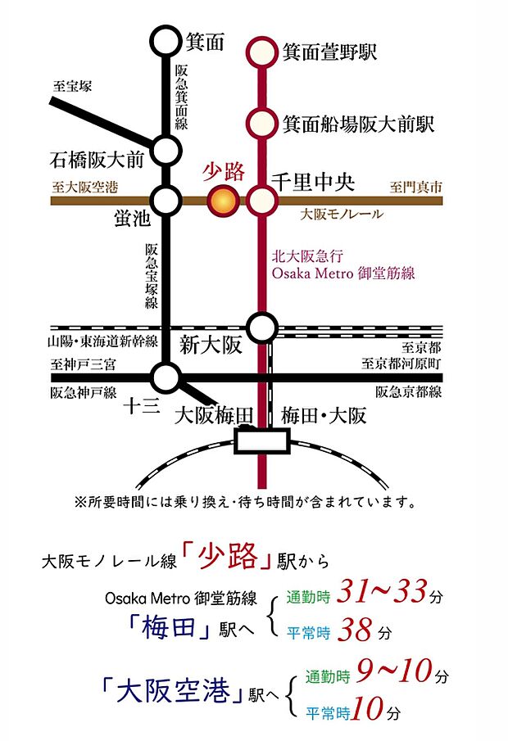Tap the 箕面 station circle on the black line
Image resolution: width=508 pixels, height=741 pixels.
click(166, 40)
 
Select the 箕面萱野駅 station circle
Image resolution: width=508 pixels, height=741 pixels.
click(262, 52)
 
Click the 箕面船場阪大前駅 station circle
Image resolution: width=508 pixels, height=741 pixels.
click(262, 123)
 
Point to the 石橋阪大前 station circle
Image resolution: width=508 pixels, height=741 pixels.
click(166, 150)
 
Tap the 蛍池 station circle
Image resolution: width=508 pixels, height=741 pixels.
click(166, 199)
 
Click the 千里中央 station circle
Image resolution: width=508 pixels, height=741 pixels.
click(262, 199)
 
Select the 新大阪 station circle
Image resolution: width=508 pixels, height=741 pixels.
click(262, 328)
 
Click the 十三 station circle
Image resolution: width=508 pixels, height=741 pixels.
click(166, 377)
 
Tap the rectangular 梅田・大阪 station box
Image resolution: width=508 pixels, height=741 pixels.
click(262, 442)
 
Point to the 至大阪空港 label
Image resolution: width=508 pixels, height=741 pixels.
click(84, 188)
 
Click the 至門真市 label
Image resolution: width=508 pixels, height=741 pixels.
click(415, 188)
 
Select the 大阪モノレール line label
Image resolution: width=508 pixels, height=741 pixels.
click(342, 215)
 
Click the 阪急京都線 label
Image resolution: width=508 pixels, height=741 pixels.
click(408, 391)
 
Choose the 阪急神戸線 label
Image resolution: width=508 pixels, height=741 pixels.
click(84, 391)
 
